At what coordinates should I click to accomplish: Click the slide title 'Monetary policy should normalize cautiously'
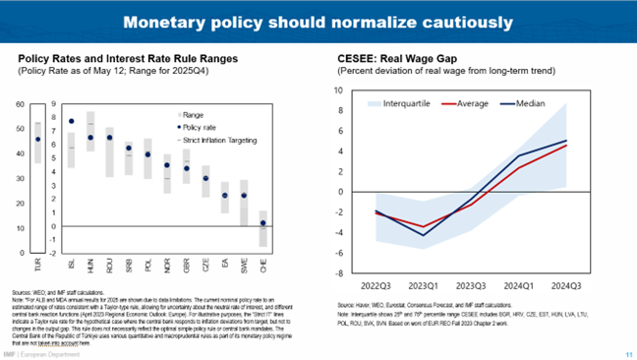(x=318, y=21)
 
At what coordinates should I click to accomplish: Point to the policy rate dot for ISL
(x=71, y=122)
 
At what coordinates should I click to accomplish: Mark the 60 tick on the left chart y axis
(x=21, y=104)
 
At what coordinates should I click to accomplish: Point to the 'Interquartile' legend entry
(x=395, y=101)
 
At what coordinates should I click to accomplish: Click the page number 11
(x=627, y=354)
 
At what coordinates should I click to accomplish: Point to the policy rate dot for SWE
(x=244, y=195)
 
